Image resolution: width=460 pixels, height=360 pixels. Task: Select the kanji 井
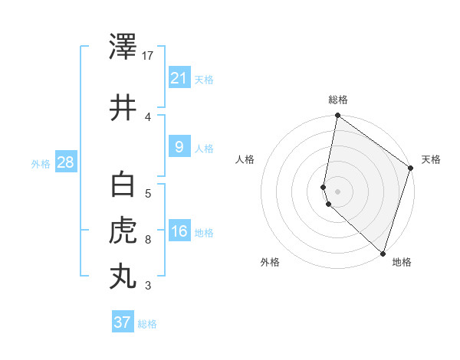(123, 108)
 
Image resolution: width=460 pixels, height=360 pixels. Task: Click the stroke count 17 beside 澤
(148, 56)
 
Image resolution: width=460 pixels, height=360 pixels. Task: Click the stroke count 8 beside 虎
(148, 240)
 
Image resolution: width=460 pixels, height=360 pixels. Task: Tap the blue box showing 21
(179, 77)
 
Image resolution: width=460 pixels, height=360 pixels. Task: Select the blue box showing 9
(179, 146)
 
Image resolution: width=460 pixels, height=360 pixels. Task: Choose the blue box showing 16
(179, 231)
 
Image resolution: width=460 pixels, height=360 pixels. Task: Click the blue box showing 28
(65, 162)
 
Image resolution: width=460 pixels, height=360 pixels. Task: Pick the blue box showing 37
(122, 322)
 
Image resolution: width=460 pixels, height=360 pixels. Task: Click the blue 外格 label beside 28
(40, 163)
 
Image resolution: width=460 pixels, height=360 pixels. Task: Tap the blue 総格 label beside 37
(147, 324)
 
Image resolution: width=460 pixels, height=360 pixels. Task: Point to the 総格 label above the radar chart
(338, 100)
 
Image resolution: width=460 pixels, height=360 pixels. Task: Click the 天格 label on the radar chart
(431, 159)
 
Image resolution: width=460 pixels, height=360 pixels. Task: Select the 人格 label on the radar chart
(245, 159)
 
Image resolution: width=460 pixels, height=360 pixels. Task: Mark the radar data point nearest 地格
(383, 253)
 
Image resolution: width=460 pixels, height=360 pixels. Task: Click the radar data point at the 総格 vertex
(337, 116)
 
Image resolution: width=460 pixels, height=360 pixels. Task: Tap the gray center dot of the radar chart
(337, 191)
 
